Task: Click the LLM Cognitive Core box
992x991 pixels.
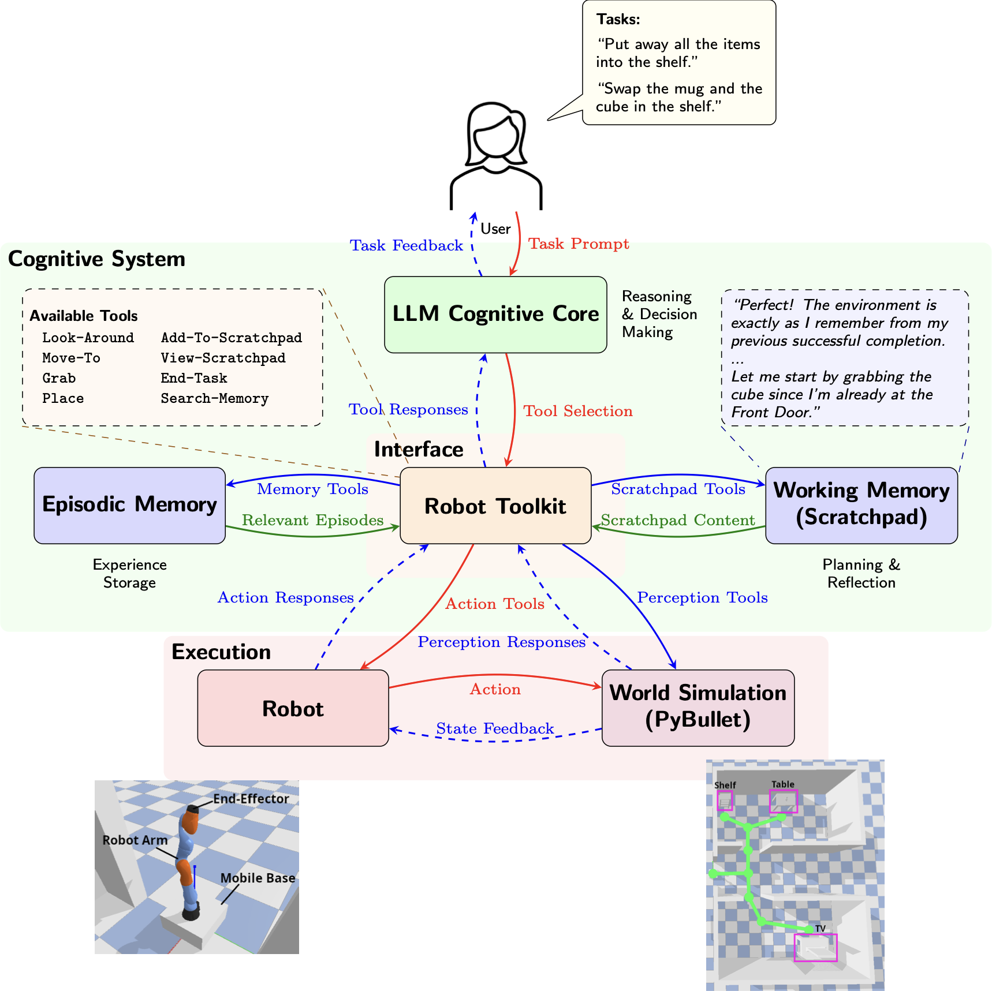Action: click(495, 315)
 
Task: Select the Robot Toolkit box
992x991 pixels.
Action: click(495, 506)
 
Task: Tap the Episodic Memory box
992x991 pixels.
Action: click(129, 505)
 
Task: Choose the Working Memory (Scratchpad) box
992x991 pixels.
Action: click(861, 505)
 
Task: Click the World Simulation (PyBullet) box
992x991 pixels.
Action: click(698, 708)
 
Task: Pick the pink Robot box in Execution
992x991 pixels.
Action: click(293, 708)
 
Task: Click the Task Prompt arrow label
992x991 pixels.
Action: click(579, 244)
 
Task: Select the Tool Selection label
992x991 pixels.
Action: click(577, 411)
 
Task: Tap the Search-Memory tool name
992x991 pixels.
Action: click(214, 399)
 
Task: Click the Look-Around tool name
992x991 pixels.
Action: click(88, 338)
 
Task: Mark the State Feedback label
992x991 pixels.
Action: click(495, 728)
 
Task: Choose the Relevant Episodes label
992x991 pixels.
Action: click(312, 520)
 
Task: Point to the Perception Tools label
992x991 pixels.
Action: click(702, 597)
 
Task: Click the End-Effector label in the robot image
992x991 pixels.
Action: click(251, 799)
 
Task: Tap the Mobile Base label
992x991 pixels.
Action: click(258, 878)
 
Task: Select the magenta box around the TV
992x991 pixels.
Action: click(815, 947)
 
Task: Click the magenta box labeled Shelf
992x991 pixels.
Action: click(725, 801)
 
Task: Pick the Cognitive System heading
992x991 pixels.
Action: click(96, 259)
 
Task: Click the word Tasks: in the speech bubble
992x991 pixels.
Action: click(618, 20)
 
